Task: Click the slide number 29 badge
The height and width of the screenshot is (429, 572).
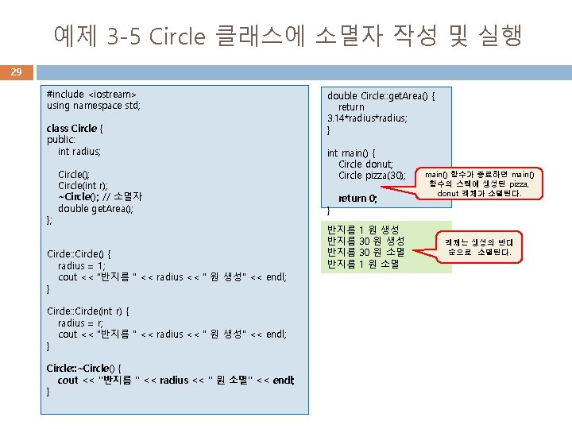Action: pos(16,72)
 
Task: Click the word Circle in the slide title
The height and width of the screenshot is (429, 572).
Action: pos(178,36)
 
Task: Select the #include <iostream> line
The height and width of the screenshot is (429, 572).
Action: pos(91,94)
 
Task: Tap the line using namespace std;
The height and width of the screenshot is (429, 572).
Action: pos(93,105)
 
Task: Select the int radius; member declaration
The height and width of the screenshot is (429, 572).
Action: pos(79,151)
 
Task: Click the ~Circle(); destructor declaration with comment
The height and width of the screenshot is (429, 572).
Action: pos(100,197)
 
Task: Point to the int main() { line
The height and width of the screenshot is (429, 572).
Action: pos(351,153)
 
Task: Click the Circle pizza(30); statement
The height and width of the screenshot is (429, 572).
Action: pos(372,176)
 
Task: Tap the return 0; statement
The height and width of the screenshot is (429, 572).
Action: pos(357,199)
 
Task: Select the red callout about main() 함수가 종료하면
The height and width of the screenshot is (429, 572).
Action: pos(483,184)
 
